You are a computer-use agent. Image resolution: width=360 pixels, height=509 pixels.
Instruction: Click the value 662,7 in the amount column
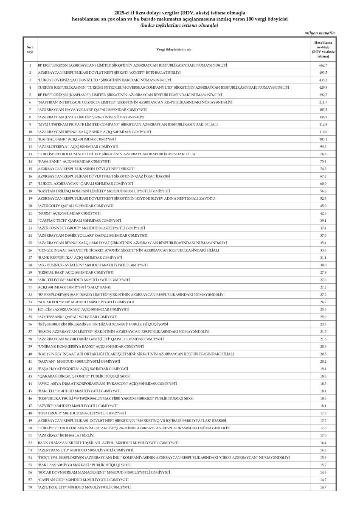point(323,65)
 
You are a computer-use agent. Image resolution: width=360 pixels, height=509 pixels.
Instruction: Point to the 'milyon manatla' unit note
point(320,33)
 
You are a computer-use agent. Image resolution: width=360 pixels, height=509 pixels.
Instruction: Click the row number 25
point(30,243)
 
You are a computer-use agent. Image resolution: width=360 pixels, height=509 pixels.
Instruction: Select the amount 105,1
point(323,139)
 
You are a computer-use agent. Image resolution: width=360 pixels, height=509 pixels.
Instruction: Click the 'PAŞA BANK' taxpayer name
point(74,162)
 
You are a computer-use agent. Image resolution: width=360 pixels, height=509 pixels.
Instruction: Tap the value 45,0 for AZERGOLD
point(323,206)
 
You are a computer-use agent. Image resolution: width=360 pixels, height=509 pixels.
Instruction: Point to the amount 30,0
point(323,265)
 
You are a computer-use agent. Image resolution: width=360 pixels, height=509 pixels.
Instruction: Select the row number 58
point(30,487)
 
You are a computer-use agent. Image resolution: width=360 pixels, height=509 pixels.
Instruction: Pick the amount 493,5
point(323,73)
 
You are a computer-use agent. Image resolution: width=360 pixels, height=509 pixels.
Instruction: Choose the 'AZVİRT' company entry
point(74,406)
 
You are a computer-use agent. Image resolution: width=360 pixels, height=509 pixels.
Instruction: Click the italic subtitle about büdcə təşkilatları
point(180,25)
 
